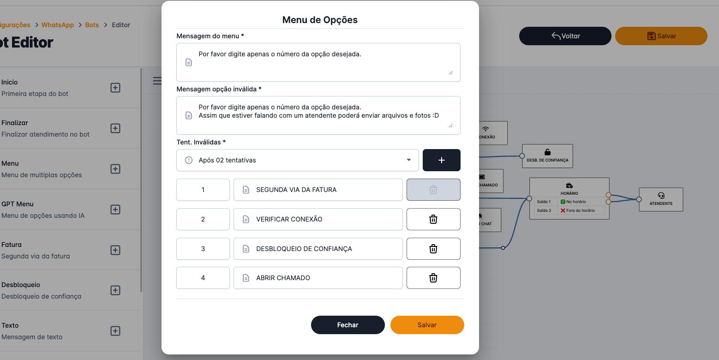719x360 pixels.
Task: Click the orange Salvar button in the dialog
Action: (x=427, y=325)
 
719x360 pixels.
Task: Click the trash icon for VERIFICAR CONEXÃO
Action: (x=433, y=219)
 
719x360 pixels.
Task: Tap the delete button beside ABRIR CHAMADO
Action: (x=433, y=278)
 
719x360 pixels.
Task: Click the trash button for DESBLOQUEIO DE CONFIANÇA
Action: (x=433, y=249)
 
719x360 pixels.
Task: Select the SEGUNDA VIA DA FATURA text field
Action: (x=318, y=190)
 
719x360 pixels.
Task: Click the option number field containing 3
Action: (x=203, y=249)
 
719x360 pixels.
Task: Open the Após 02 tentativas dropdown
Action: (x=298, y=160)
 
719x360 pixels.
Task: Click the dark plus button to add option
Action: (x=441, y=160)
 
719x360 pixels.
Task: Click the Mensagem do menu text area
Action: (x=318, y=62)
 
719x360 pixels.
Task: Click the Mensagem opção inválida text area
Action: (x=318, y=115)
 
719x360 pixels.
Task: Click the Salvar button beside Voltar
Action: (x=661, y=36)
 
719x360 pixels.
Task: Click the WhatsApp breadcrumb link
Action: (x=58, y=25)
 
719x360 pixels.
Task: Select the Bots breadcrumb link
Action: (x=92, y=25)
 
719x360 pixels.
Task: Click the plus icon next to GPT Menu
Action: (x=115, y=210)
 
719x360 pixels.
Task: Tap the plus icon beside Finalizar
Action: (x=115, y=128)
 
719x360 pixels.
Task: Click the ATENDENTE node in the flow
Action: (x=661, y=199)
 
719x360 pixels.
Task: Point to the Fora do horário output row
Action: (x=580, y=210)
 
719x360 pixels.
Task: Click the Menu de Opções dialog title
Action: (x=320, y=20)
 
